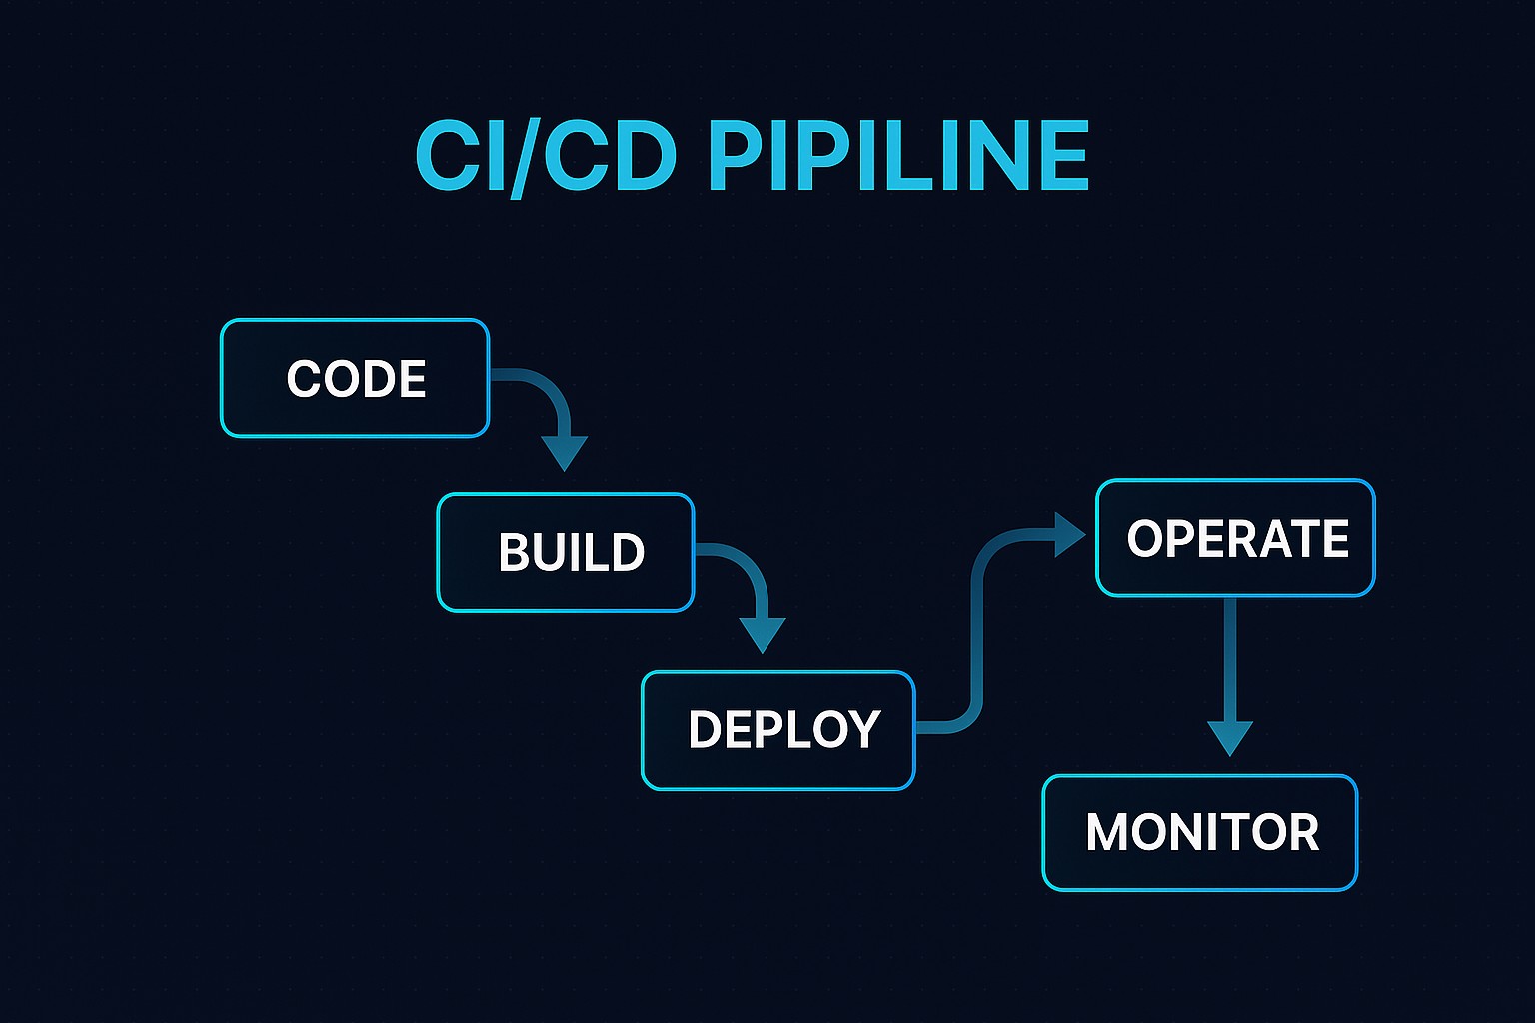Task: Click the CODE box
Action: coord(355,378)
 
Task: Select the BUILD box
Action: coord(566,552)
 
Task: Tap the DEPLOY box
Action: coord(777,730)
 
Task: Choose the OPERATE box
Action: coord(1235,538)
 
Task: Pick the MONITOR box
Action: coord(1200,832)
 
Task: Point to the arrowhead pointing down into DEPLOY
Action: coord(763,634)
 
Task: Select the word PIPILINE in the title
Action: coord(897,156)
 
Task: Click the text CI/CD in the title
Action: coord(546,156)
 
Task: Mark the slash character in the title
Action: coord(523,156)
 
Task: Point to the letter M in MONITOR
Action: coord(1109,832)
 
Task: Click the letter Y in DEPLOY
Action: coord(861,730)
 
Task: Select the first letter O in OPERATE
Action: coord(1146,539)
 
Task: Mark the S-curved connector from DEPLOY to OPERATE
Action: coord(978,639)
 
